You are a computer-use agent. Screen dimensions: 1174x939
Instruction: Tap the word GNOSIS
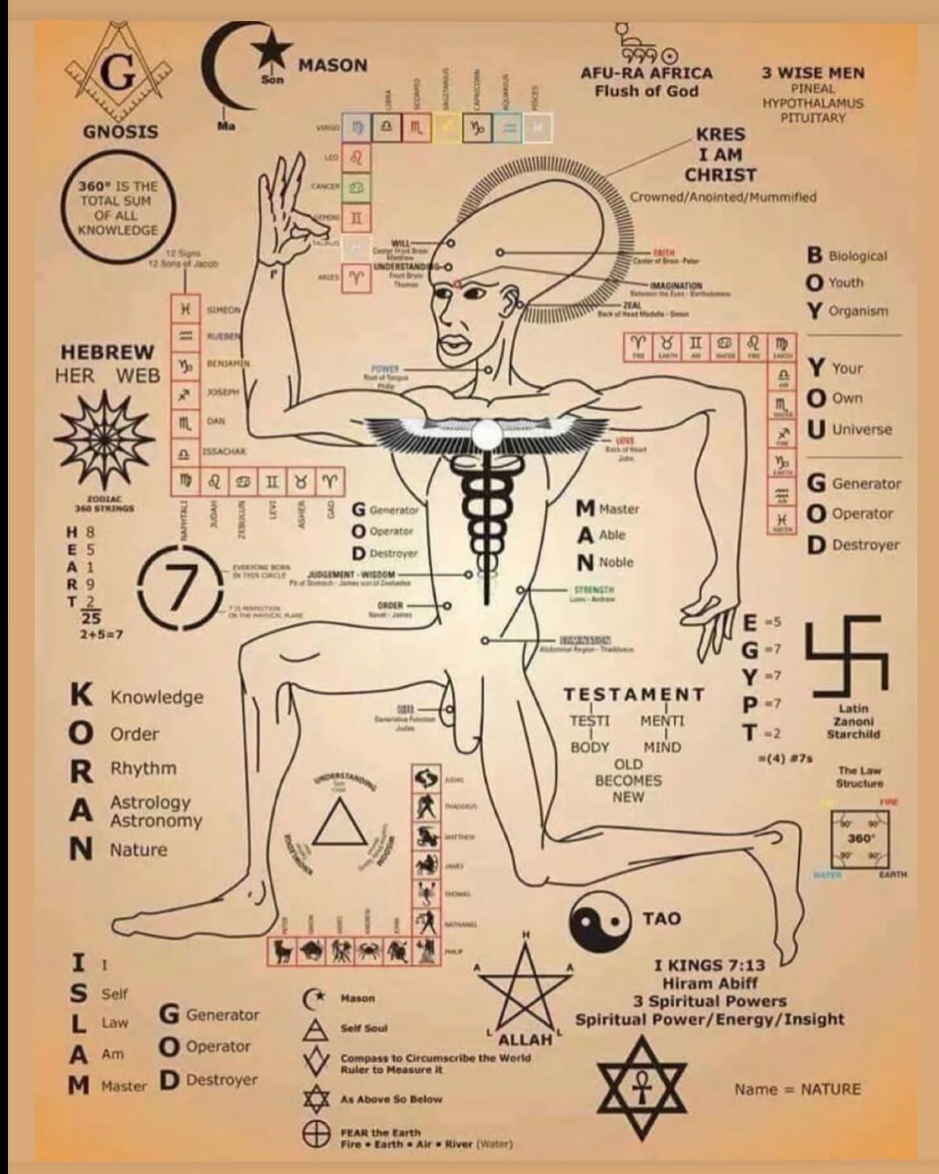click(121, 131)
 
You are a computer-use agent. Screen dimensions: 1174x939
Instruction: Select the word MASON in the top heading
click(333, 65)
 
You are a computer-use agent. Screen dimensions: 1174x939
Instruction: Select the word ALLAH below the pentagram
click(526, 1039)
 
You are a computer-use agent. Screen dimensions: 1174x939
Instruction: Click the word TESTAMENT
click(634, 695)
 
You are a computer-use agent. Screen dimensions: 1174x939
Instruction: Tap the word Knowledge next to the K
click(156, 697)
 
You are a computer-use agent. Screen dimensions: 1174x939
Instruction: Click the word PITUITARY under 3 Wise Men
click(813, 118)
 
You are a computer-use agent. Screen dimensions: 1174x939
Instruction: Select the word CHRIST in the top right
click(721, 175)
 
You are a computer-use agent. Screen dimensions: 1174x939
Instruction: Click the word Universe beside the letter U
click(862, 429)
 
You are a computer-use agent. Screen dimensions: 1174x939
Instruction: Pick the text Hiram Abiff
click(709, 982)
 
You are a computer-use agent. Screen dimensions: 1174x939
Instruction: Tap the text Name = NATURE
click(797, 1089)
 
